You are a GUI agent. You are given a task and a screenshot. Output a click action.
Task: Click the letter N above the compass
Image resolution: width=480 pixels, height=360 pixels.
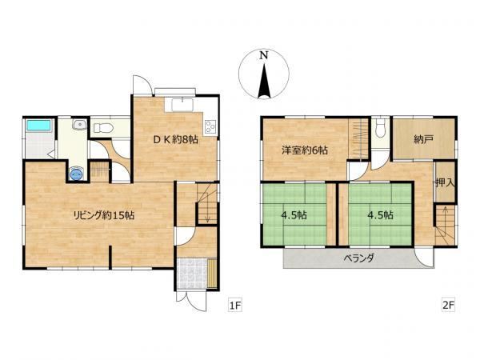[x=264, y=55]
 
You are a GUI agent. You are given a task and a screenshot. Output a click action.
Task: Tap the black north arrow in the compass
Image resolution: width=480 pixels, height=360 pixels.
[x=264, y=81]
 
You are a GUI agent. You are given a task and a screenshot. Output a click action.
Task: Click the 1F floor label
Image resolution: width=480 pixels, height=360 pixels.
[x=234, y=306]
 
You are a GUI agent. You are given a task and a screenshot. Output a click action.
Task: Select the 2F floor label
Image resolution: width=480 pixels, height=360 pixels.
[x=449, y=306]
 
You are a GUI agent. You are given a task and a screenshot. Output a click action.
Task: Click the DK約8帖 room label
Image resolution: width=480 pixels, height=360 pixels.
[x=175, y=140]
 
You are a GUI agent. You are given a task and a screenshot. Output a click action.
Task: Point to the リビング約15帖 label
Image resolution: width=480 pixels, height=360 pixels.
[x=103, y=215]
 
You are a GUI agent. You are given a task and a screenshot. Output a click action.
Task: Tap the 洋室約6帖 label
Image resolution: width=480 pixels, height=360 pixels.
[x=305, y=150]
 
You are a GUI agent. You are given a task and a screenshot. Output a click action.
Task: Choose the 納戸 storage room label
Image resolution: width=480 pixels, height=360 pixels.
[x=423, y=139]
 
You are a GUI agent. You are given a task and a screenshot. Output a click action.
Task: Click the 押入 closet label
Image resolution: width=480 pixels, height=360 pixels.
[x=445, y=183]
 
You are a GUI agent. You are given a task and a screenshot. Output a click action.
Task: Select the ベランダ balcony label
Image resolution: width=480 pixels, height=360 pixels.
[x=358, y=258]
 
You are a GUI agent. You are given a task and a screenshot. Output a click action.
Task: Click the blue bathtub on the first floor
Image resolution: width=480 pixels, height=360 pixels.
[x=38, y=126]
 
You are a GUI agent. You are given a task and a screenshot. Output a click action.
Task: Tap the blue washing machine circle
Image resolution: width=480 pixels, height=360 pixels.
[x=76, y=174]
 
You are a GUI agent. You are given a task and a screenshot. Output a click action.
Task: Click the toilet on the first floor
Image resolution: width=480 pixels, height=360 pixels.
[x=103, y=128]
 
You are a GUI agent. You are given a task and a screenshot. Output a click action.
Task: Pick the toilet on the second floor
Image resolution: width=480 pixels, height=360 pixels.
[x=380, y=128]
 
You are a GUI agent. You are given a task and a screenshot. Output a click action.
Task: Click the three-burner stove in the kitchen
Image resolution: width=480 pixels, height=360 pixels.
[x=210, y=126]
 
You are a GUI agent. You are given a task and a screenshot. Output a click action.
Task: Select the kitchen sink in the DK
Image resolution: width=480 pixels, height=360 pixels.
[x=182, y=105]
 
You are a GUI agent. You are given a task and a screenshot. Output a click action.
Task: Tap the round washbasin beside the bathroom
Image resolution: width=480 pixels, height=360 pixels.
[x=79, y=125]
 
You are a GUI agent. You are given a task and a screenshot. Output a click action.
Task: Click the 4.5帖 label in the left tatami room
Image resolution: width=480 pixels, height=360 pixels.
[x=294, y=215]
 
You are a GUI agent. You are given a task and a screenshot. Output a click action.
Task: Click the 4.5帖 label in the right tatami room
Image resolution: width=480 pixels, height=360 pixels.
[x=380, y=215]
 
